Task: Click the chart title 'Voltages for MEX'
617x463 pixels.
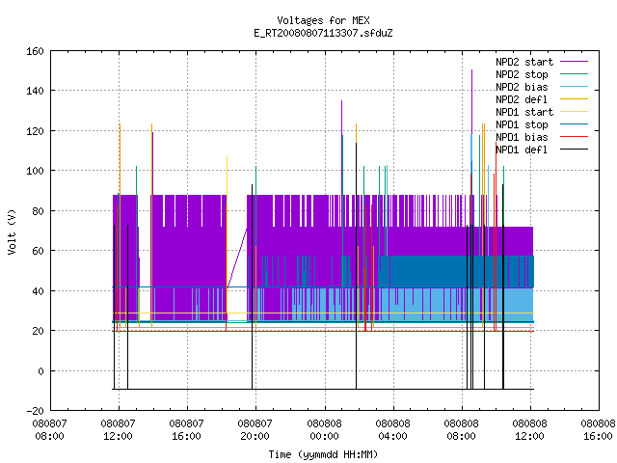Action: coord(323,20)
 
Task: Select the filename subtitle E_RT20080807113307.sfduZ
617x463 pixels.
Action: coord(323,33)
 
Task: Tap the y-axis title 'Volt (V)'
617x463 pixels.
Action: coord(12,231)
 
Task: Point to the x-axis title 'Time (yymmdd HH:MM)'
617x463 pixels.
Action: coord(323,454)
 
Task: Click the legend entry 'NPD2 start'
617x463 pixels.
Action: coord(542,62)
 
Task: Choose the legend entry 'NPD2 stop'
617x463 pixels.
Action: coord(542,74)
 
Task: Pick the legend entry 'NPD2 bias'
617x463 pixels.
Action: coord(542,87)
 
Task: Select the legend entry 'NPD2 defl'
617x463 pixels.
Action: coord(542,99)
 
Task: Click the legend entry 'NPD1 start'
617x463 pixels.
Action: coord(542,112)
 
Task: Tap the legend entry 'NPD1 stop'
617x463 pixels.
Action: coord(542,124)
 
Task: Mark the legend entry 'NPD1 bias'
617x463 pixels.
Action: coord(542,137)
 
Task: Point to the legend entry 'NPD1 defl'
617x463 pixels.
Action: coord(542,150)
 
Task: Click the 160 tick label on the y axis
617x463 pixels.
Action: coord(35,51)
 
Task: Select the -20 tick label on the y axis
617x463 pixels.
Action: coord(35,411)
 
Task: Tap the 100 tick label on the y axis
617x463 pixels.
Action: coord(35,171)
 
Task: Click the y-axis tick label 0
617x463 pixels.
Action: coord(40,370)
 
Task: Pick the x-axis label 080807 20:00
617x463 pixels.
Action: coord(255,430)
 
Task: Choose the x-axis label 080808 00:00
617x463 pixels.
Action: coord(324,430)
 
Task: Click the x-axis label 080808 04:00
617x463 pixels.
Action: coord(392,430)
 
